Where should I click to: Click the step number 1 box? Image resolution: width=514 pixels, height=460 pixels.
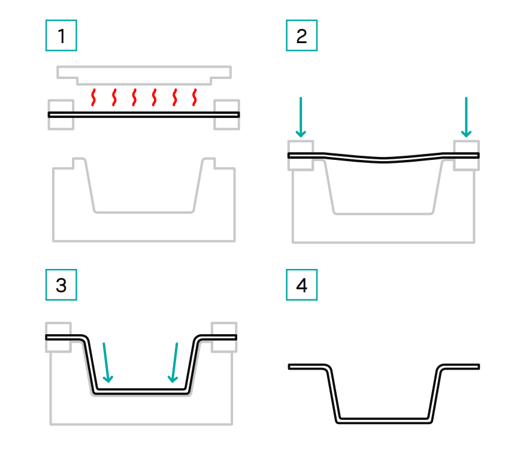click(x=61, y=35)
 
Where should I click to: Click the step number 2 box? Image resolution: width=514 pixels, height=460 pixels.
click(x=301, y=35)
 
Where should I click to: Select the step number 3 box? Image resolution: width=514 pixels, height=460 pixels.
click(x=61, y=285)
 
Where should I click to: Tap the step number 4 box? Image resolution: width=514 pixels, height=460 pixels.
click(x=301, y=285)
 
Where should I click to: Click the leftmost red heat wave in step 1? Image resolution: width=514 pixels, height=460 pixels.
click(x=93, y=97)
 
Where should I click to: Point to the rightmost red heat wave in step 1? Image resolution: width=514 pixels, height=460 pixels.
click(x=194, y=97)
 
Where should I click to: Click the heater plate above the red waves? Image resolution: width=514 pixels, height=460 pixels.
click(x=144, y=75)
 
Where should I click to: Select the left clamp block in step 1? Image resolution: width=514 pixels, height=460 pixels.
click(x=61, y=114)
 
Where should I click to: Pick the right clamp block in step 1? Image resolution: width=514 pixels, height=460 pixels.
click(x=227, y=114)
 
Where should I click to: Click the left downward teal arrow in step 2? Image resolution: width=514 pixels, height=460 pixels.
click(x=301, y=117)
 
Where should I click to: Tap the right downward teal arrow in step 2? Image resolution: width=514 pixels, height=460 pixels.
click(x=466, y=117)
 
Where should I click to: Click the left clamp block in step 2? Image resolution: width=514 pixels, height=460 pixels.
click(x=301, y=156)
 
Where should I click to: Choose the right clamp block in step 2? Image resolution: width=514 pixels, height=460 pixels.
click(x=467, y=156)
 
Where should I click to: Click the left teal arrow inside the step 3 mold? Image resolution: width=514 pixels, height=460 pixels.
click(x=106, y=363)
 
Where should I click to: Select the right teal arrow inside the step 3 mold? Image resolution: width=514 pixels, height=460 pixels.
click(x=174, y=363)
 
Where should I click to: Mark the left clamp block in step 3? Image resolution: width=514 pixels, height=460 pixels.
click(x=58, y=337)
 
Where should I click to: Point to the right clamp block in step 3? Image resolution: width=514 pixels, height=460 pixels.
click(x=224, y=337)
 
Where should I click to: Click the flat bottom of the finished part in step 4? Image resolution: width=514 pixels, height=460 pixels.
click(x=383, y=420)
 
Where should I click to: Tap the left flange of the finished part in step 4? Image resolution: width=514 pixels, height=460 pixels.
click(x=307, y=367)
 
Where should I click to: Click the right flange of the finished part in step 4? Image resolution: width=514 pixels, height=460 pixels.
click(x=460, y=367)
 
